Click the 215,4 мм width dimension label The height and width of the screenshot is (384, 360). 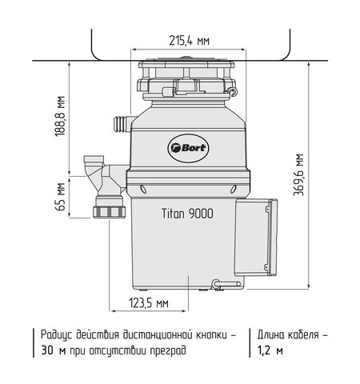click(x=190, y=41)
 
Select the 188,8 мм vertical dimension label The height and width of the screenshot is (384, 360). click(x=61, y=116)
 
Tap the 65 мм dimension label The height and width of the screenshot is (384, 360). click(x=61, y=197)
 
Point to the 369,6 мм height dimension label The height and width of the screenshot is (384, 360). click(x=298, y=175)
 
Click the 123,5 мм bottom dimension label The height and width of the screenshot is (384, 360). click(x=149, y=303)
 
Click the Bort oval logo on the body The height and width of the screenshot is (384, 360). click(x=188, y=148)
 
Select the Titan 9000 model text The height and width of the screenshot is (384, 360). click(x=187, y=214)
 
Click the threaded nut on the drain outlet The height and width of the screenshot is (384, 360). click(x=110, y=211)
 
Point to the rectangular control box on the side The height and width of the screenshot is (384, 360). click(x=256, y=238)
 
